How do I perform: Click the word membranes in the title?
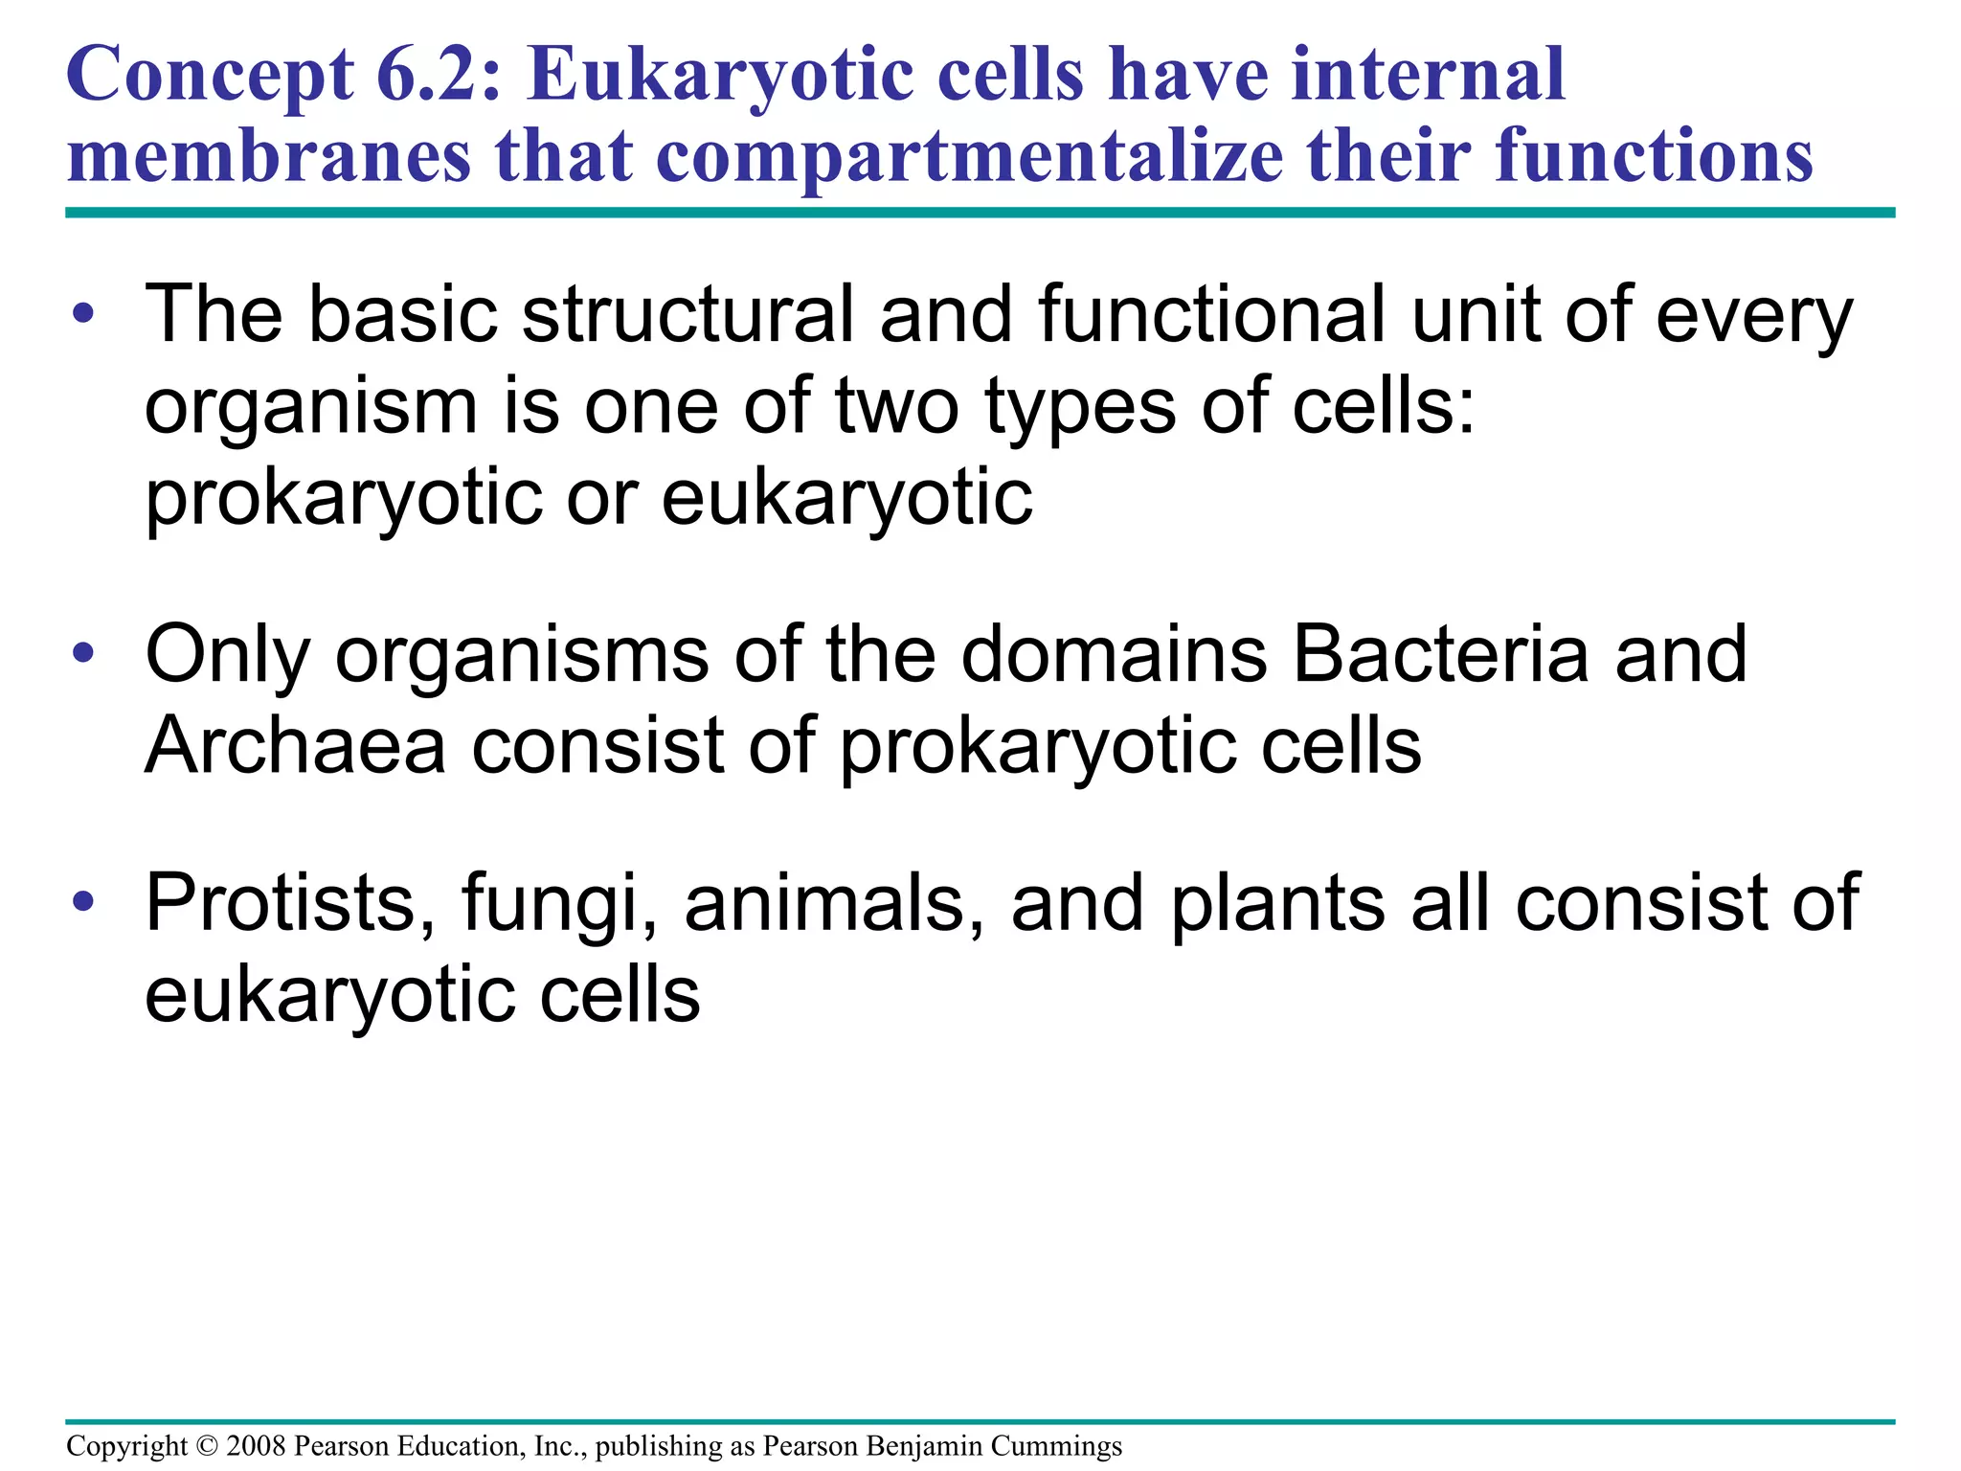268,157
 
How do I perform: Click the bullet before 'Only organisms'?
83,653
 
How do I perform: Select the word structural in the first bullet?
687,314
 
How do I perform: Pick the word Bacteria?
1439,654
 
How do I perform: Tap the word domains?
1114,654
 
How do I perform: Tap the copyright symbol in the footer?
206,1446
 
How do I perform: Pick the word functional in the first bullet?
1210,314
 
